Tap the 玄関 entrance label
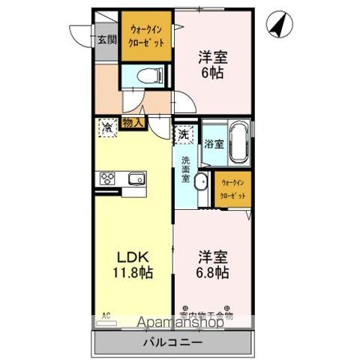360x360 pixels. coord(106,39)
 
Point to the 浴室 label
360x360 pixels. coord(214,143)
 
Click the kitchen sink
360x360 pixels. coord(136,179)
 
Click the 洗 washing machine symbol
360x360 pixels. coord(183,135)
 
